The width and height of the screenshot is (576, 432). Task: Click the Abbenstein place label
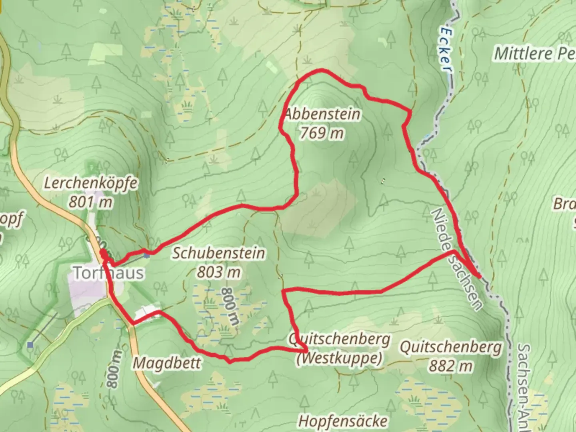(x=322, y=114)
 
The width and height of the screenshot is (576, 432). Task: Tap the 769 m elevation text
(x=322, y=133)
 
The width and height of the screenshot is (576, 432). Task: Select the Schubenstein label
(x=218, y=253)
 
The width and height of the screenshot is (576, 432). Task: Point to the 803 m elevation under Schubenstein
(x=219, y=272)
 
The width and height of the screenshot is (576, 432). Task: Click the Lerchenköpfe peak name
(x=91, y=183)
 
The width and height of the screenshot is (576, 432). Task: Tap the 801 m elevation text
(x=90, y=202)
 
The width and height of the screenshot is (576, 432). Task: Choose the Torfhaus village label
(x=108, y=273)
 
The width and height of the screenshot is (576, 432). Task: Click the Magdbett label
(x=167, y=363)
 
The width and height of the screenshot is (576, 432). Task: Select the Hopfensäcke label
(x=343, y=421)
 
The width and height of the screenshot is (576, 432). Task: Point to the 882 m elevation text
(x=451, y=366)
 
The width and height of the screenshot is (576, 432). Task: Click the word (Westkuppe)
(x=339, y=358)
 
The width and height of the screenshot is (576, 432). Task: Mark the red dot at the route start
(x=103, y=253)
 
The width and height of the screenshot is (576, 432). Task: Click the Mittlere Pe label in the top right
(x=534, y=54)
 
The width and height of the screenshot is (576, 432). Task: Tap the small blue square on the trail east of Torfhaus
(x=147, y=253)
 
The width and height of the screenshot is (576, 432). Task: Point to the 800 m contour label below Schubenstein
(x=230, y=306)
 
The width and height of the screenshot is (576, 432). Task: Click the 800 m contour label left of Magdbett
(x=114, y=369)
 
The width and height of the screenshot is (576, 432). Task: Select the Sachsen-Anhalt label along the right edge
(x=524, y=384)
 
